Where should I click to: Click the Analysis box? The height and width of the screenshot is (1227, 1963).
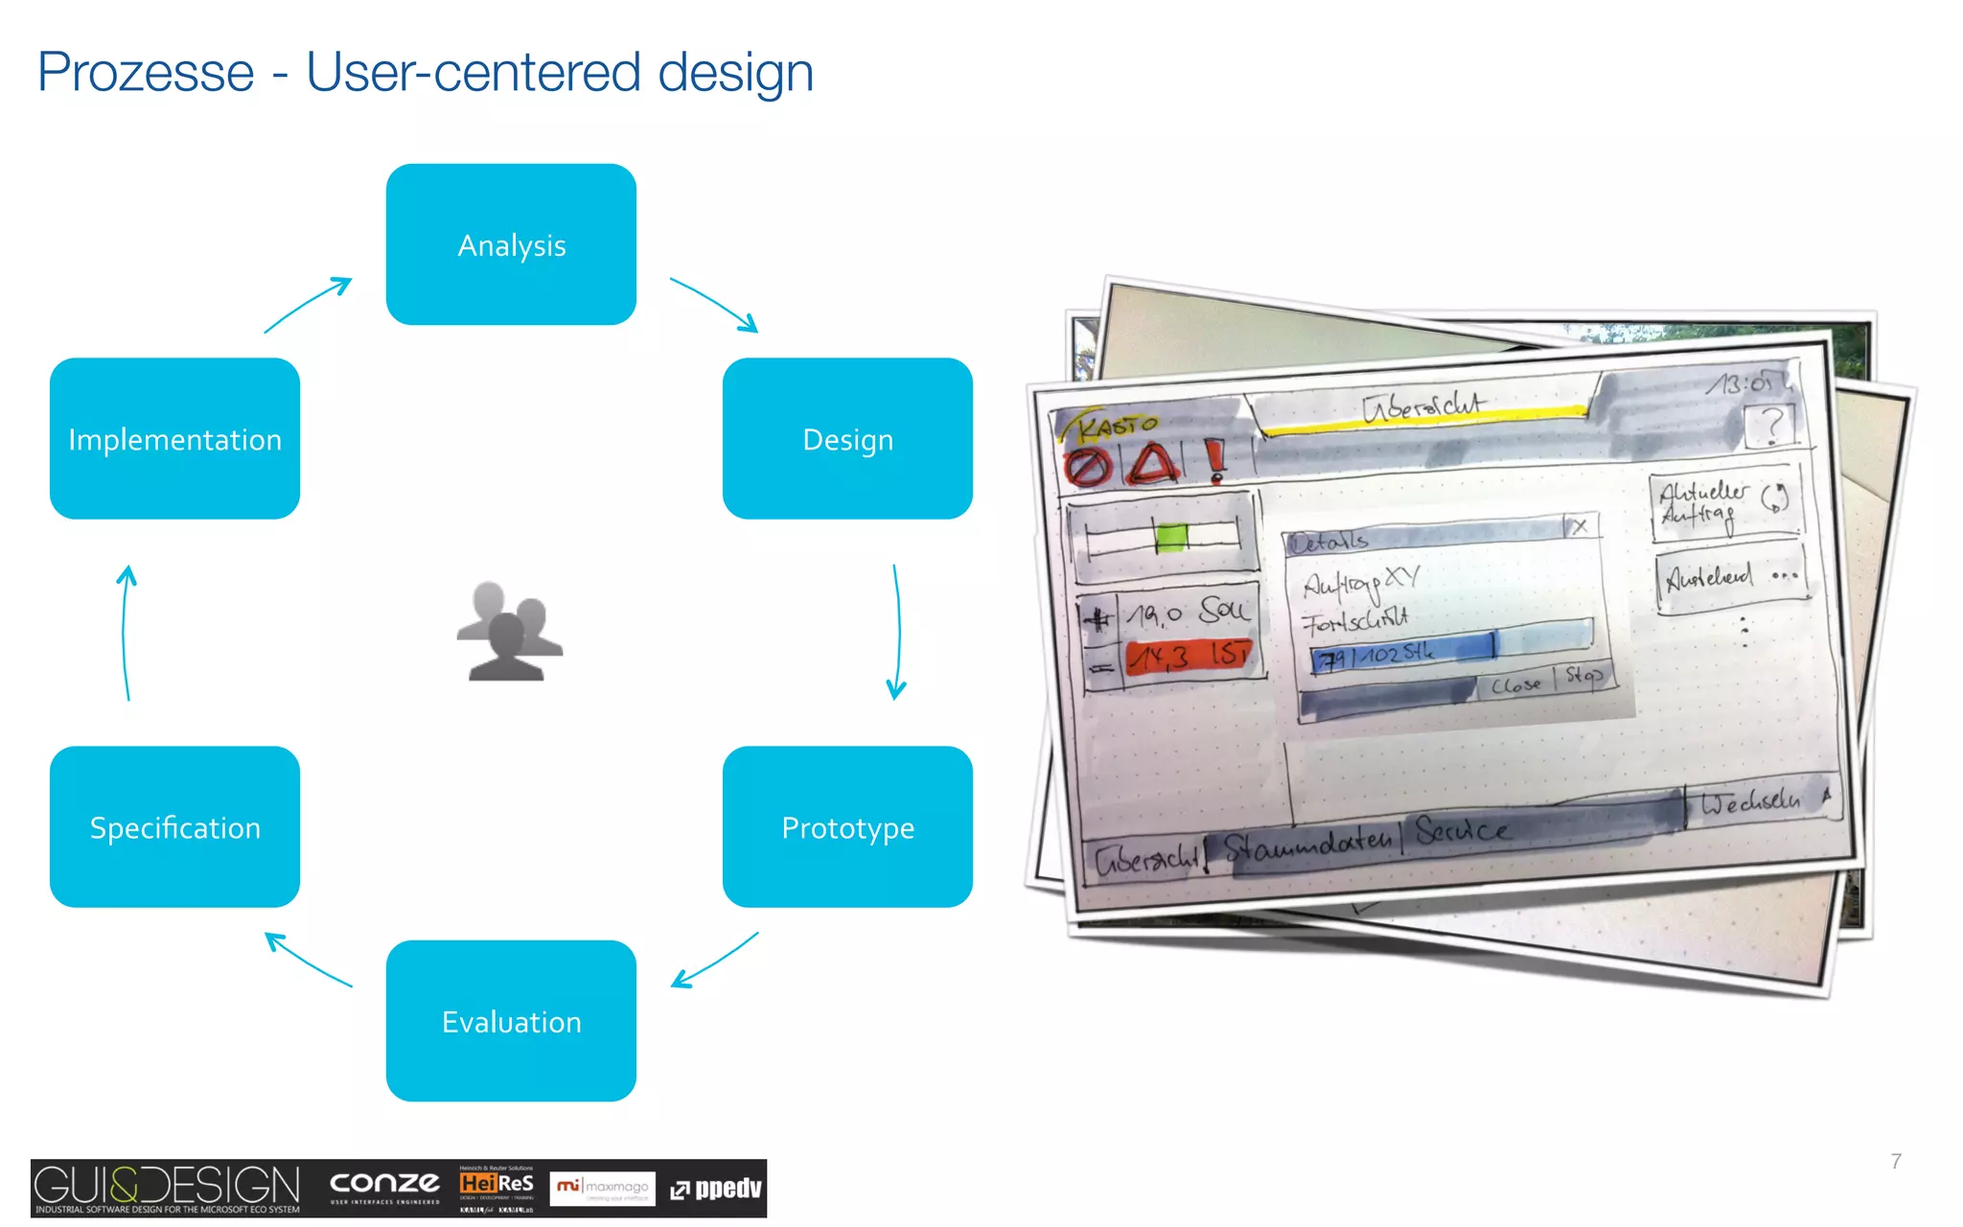click(511, 244)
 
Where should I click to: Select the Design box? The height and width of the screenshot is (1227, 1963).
click(847, 439)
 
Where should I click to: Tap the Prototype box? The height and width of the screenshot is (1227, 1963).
click(847, 826)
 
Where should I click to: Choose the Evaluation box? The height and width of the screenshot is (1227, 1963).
click(511, 1021)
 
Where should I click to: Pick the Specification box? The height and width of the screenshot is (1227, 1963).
click(174, 826)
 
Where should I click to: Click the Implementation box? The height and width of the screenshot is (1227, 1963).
click(174, 439)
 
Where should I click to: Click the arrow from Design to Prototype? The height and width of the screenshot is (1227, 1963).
click(897, 633)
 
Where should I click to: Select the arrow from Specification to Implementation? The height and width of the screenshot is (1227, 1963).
click(126, 633)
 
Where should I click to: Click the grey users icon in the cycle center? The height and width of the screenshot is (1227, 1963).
click(509, 632)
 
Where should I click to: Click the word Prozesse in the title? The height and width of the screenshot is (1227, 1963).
click(146, 73)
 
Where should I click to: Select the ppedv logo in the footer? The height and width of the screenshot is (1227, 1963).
click(716, 1189)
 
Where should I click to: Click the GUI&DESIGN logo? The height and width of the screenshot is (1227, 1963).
click(167, 1187)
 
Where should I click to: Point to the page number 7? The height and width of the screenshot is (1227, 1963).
click(1896, 1161)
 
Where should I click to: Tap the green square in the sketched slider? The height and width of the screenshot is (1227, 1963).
click(1171, 537)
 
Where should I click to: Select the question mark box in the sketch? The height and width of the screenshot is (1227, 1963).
click(1769, 425)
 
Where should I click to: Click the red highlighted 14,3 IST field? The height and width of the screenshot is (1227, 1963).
click(1189, 658)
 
